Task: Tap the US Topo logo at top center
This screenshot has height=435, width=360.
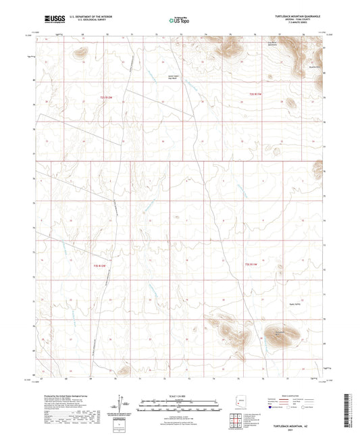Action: [x=178, y=20]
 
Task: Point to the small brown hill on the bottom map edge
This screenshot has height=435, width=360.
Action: [x=123, y=369]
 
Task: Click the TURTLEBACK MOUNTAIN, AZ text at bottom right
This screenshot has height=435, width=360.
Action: [x=305, y=428]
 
